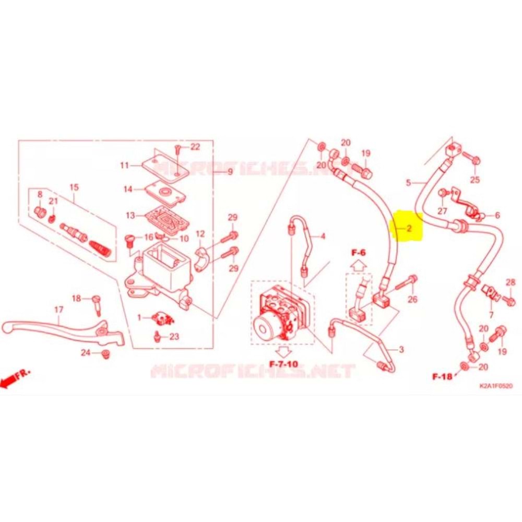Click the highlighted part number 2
coord(409,228)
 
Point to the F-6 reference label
coord(359,253)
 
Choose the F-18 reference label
coord(442,375)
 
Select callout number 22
coord(195,147)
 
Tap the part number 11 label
coord(124,165)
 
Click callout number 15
coord(74,186)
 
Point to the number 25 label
coord(474,180)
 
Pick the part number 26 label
coord(412,299)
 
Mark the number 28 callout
coord(510,282)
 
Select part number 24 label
coord(85,353)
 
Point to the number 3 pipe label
coord(401,349)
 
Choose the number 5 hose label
coord(409,183)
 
